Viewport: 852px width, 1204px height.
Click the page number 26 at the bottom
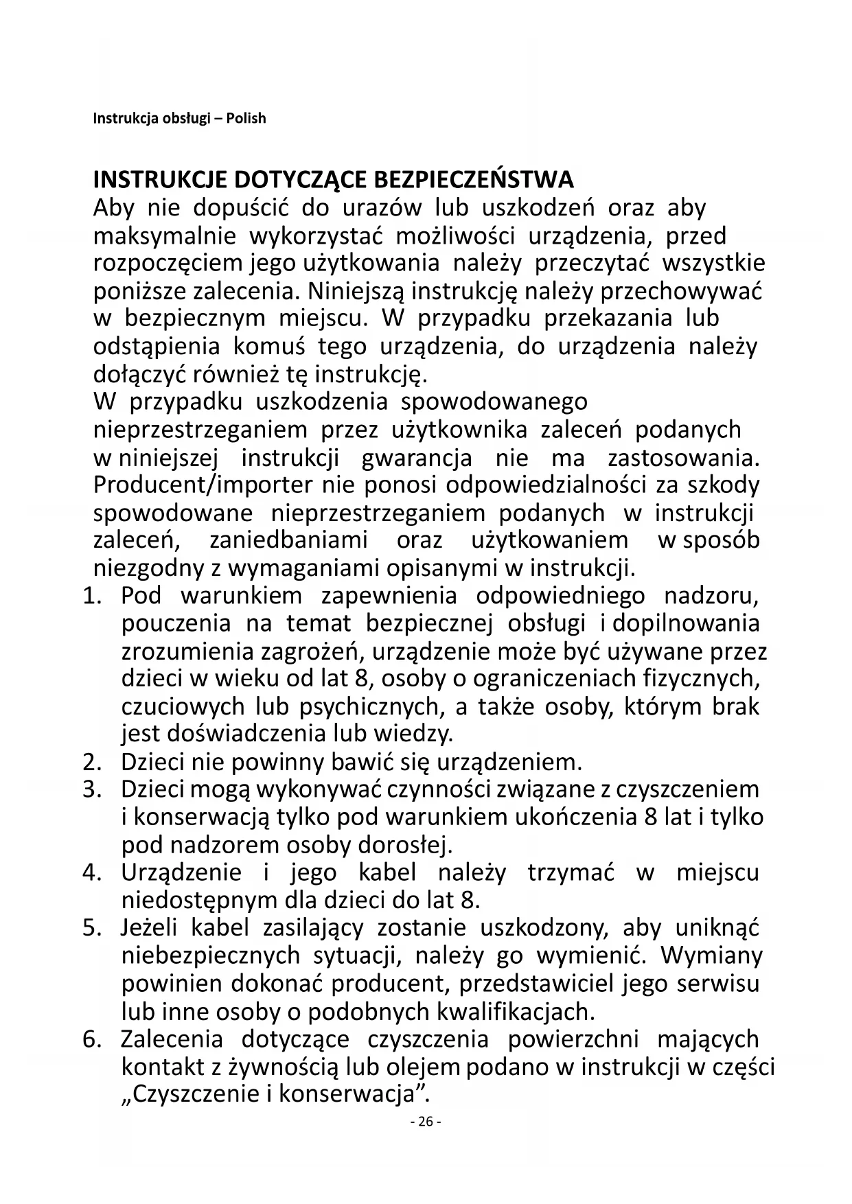pos(426,1122)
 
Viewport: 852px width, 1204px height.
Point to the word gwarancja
pos(416,458)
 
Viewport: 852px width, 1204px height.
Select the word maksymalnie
pos(164,236)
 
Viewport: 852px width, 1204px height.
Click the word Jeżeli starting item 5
pos(149,928)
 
